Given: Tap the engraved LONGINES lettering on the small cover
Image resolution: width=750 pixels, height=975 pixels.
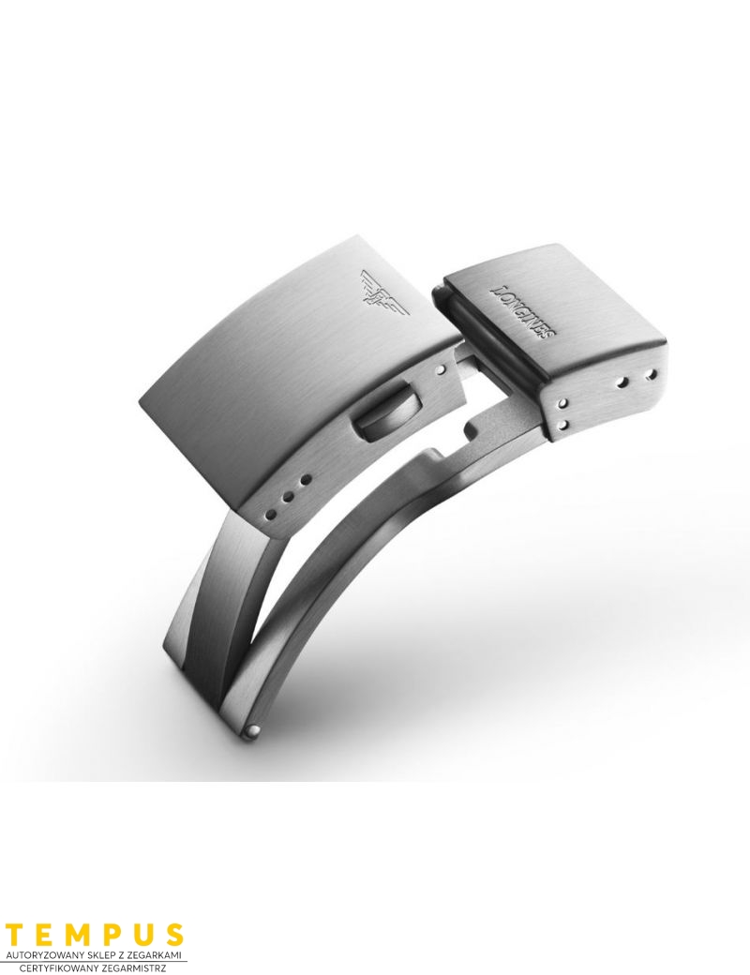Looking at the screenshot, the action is click(x=523, y=312).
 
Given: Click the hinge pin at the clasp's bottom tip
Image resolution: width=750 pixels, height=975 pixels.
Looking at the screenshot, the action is click(x=254, y=731).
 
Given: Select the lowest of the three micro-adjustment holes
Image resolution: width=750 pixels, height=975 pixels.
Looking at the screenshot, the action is click(x=272, y=514).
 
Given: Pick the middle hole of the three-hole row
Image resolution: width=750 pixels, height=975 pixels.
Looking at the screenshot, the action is click(x=289, y=497).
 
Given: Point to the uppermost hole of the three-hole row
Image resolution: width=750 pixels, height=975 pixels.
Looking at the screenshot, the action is click(x=305, y=480).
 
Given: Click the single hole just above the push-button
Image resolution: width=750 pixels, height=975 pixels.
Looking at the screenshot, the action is click(x=441, y=370).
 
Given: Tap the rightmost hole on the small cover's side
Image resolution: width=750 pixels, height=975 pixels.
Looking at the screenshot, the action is click(x=652, y=374).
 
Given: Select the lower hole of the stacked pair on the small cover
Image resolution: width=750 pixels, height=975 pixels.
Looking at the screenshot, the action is click(x=562, y=426).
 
